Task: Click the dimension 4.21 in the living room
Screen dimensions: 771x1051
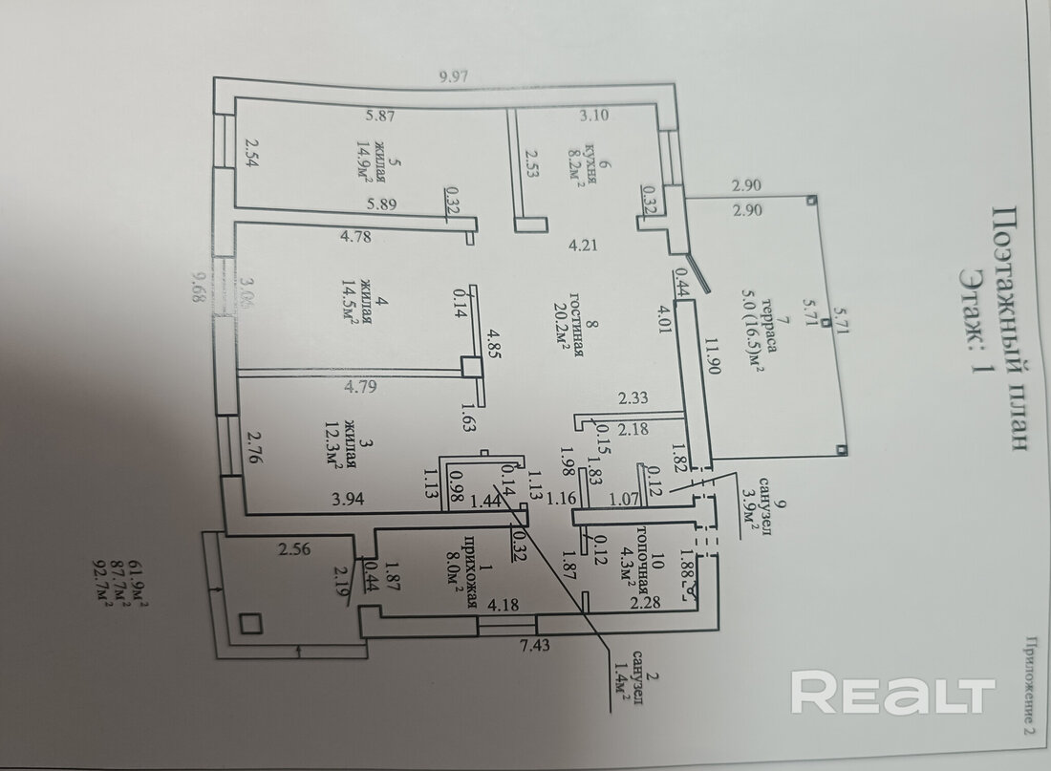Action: click(581, 245)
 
